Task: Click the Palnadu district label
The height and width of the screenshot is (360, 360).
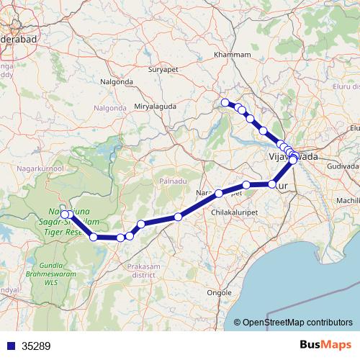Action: pyautogui.click(x=174, y=181)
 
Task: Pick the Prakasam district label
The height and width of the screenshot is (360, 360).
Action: pyautogui.click(x=143, y=270)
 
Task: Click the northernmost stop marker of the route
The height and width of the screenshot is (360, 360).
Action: pyautogui.click(x=225, y=102)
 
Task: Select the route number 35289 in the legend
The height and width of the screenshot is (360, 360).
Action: pyautogui.click(x=36, y=346)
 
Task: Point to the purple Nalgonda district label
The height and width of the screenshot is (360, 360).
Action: pyautogui.click(x=110, y=108)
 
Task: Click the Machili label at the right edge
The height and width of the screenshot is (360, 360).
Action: pyautogui.click(x=348, y=199)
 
